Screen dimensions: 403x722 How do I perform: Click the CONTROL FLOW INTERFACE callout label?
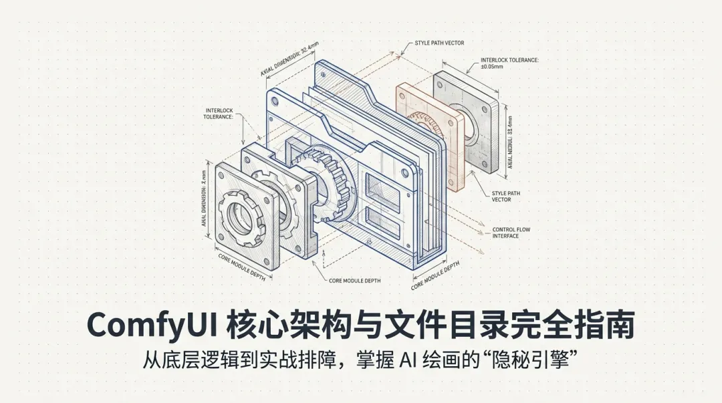pos(511,233)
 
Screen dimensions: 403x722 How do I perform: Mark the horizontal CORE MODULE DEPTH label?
pos(354,281)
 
